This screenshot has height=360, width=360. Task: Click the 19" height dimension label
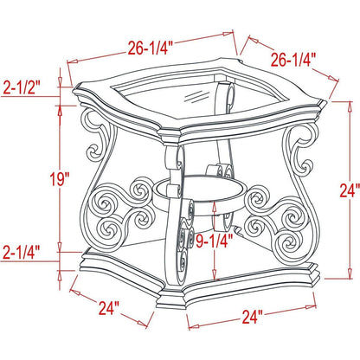(x=61, y=179)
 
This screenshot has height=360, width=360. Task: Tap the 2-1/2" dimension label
(x=22, y=87)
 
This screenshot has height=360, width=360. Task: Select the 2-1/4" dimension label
(x=21, y=252)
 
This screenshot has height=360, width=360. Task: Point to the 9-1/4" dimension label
(x=214, y=241)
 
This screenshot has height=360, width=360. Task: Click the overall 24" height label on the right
(x=350, y=190)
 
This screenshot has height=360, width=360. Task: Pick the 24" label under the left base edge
(x=109, y=308)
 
